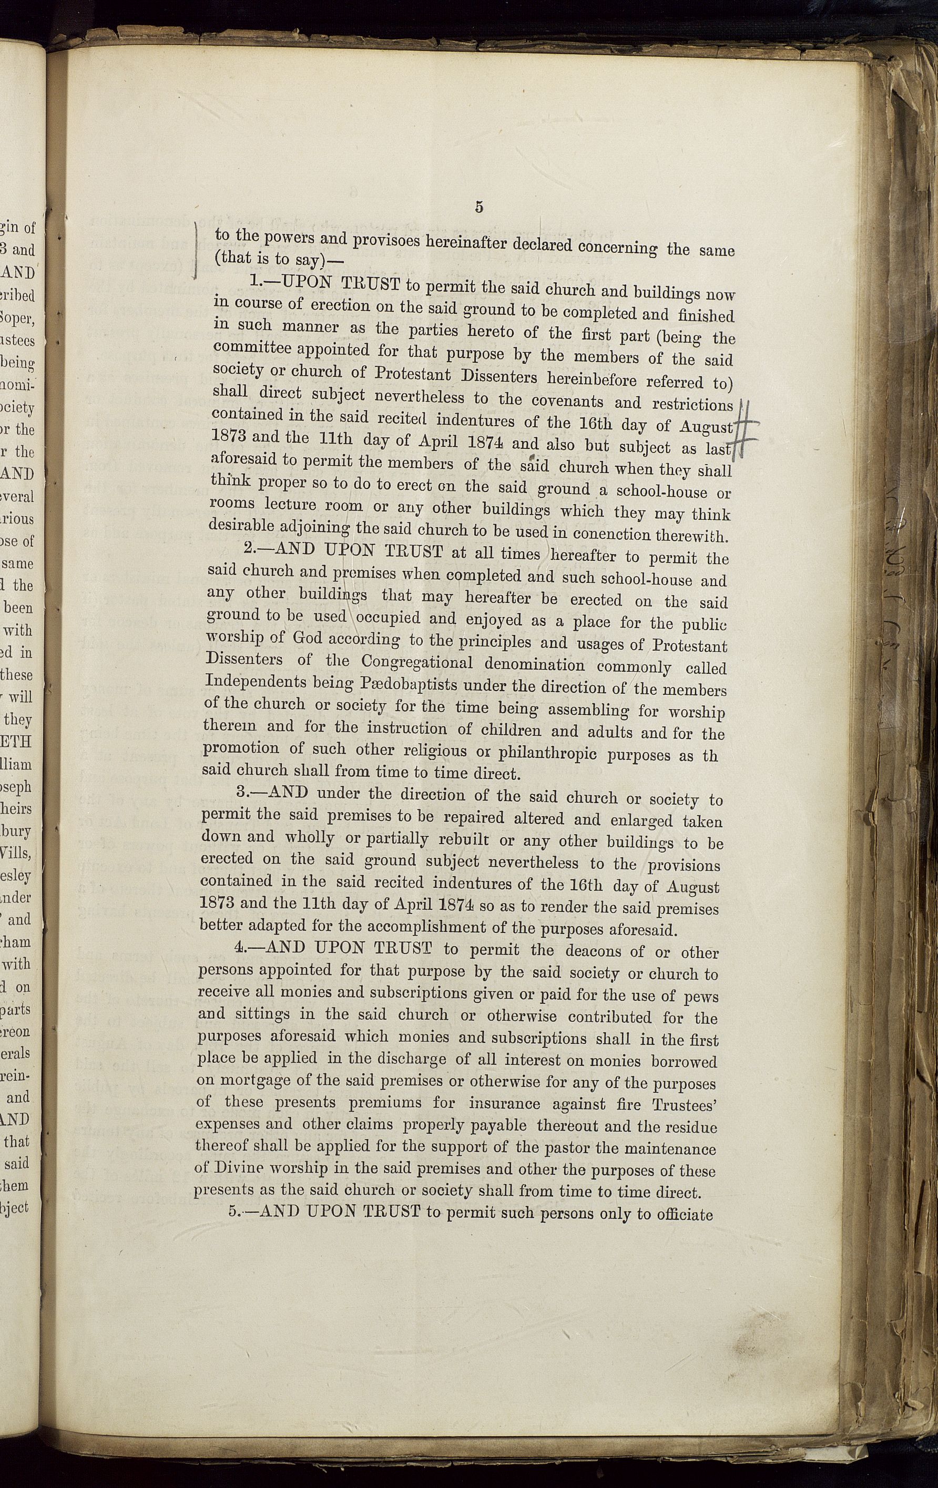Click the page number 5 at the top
(479, 207)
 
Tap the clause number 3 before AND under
(242, 792)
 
